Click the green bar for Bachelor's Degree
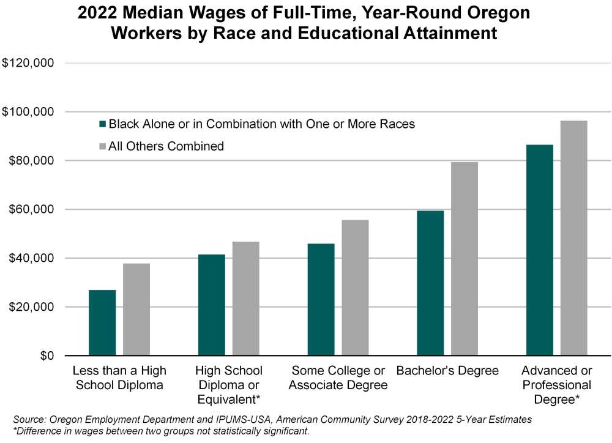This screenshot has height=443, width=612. (x=430, y=283)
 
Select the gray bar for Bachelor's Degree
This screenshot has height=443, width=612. (x=465, y=258)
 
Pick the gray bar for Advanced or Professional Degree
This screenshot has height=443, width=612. (x=573, y=238)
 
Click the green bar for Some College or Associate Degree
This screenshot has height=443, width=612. (x=321, y=299)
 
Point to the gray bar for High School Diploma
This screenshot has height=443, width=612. (x=245, y=298)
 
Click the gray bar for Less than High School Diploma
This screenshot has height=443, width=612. (x=136, y=309)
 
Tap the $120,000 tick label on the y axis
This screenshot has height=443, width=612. (x=29, y=63)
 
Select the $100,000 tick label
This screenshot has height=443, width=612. (x=29, y=112)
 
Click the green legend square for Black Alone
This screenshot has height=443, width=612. (x=103, y=124)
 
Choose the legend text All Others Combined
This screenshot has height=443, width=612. (x=166, y=146)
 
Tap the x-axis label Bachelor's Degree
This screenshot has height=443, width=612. (x=447, y=371)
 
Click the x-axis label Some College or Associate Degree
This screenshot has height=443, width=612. (x=338, y=378)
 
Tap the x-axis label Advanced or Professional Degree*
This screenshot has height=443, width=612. (x=556, y=385)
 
